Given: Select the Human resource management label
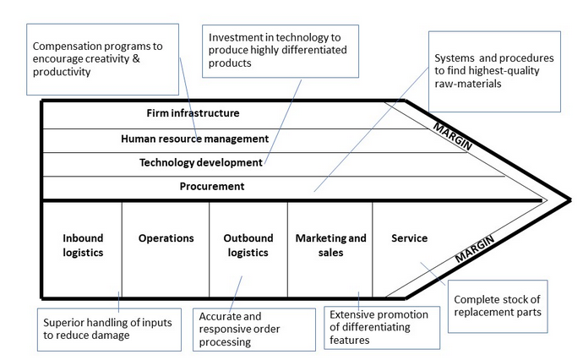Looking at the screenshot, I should (194, 138).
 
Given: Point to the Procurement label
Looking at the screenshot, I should (212, 186).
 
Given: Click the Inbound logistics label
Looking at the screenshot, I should (83, 245).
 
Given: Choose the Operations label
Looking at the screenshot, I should (166, 238).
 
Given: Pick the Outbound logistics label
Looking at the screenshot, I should (247, 245).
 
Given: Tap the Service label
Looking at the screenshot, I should (409, 238).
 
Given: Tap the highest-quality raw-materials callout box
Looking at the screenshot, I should (495, 72).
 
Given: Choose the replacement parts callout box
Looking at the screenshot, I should (498, 306).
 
